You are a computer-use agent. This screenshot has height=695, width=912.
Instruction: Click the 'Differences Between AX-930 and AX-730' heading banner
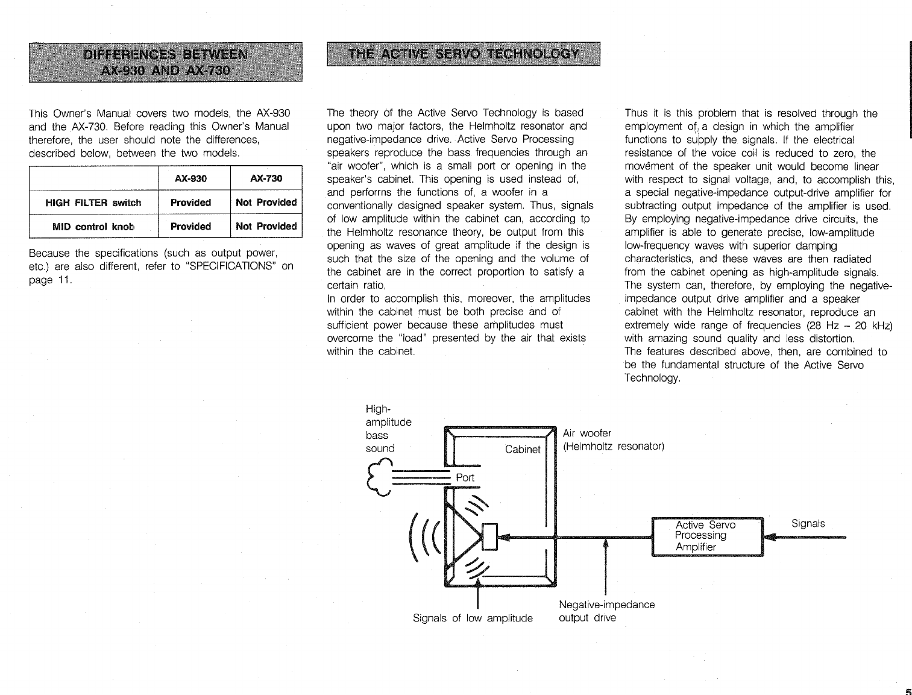point(165,62)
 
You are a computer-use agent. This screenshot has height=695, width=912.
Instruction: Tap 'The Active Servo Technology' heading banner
point(464,54)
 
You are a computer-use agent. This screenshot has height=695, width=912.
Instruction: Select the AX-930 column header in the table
point(190,178)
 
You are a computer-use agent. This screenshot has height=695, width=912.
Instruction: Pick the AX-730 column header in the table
point(266,178)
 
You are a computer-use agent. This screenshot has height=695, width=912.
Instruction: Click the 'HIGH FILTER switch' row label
point(93,203)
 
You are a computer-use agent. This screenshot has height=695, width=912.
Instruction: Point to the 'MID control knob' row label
point(93,227)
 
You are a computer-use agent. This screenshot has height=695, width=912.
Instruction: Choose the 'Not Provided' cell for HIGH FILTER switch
point(266,203)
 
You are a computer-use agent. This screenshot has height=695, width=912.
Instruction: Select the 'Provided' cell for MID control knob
point(190,227)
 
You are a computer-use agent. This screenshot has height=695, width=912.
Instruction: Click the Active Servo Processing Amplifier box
point(708,536)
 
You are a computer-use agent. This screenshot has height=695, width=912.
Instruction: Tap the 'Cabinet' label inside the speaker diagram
point(523,449)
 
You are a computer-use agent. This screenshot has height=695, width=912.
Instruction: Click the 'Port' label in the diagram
point(465,477)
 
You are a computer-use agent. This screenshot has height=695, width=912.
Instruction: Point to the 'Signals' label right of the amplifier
point(808,523)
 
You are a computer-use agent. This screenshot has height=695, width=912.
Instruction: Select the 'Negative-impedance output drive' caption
point(606,611)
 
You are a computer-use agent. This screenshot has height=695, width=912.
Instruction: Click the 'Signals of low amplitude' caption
point(473,618)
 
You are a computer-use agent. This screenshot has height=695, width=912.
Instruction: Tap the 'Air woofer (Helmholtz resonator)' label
point(613,440)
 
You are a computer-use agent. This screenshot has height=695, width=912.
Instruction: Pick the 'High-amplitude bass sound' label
point(388,429)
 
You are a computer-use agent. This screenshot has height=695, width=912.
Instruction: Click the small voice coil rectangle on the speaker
point(489,536)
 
